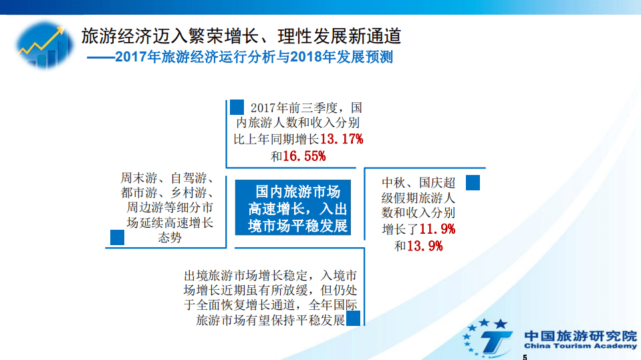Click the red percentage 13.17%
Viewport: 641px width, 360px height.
(342, 140)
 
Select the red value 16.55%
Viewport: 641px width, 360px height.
(305, 156)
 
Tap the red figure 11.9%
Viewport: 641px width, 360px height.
(437, 229)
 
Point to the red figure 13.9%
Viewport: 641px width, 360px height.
(425, 246)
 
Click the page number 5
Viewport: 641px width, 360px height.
(525, 357)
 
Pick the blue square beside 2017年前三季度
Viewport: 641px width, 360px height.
(237, 107)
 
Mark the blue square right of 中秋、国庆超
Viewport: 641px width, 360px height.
(473, 182)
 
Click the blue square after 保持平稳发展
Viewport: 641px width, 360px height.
(354, 318)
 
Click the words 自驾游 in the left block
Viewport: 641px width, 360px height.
(185, 179)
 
